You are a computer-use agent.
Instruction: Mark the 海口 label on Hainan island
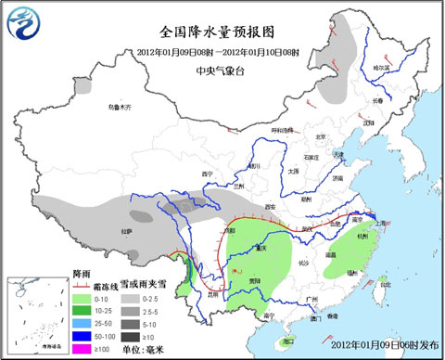[299, 327]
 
